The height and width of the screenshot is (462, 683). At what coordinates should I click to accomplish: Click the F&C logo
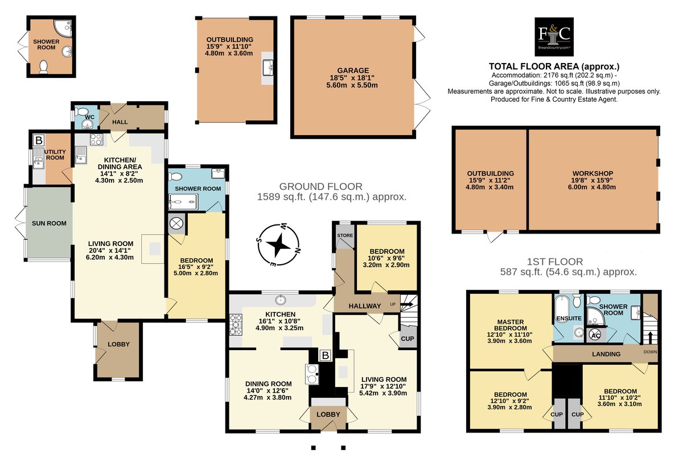pyautogui.click(x=554, y=37)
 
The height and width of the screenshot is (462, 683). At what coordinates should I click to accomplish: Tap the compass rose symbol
pyautogui.click(x=278, y=245)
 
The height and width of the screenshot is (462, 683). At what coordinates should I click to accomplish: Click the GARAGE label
pyautogui.click(x=353, y=70)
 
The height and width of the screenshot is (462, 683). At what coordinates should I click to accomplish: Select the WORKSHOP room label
pyautogui.click(x=593, y=173)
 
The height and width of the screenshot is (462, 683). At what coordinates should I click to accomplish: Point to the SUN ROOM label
pyautogui.click(x=49, y=223)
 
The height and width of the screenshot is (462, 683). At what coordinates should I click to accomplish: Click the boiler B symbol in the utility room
pyautogui.click(x=39, y=140)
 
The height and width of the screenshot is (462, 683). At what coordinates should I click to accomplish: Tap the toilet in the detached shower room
pyautogui.click(x=43, y=67)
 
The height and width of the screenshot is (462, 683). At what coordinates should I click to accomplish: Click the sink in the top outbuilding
pyautogui.click(x=268, y=68)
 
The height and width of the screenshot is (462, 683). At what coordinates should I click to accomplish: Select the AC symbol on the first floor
pyautogui.click(x=595, y=335)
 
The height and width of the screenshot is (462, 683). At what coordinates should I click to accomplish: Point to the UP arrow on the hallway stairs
pyautogui.click(x=407, y=304)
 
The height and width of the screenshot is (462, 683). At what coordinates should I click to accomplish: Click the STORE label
pyautogui.click(x=345, y=235)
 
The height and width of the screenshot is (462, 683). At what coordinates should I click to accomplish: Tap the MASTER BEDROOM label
pyautogui.click(x=511, y=325)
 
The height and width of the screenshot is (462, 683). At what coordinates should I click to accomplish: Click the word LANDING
pyautogui.click(x=606, y=354)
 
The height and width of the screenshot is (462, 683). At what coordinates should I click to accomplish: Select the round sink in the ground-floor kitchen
pyautogui.click(x=280, y=300)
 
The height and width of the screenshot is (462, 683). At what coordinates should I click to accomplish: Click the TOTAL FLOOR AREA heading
pyautogui.click(x=554, y=66)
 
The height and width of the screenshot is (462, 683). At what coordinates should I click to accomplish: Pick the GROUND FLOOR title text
pyautogui.click(x=321, y=186)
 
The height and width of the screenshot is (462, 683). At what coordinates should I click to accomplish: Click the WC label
pyautogui.click(x=90, y=117)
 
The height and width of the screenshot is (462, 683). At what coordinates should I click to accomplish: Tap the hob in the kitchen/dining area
pyautogui.click(x=96, y=139)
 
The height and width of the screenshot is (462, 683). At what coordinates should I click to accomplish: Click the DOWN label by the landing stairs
pyautogui.click(x=650, y=352)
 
